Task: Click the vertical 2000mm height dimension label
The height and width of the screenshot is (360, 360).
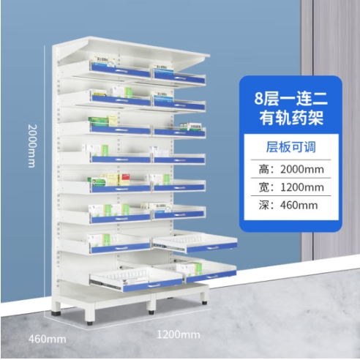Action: pyautogui.click(x=32, y=146)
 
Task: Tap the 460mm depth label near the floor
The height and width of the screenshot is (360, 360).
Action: pyautogui.click(x=48, y=339)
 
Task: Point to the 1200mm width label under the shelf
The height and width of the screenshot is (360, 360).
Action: pyautogui.click(x=179, y=334)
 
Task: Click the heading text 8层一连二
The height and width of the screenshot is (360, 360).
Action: pyautogui.click(x=291, y=99)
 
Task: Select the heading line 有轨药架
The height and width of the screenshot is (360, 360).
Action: pyautogui.click(x=291, y=118)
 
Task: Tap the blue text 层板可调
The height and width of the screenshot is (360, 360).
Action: pyautogui.click(x=290, y=147)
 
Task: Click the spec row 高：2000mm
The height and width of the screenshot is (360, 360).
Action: pyautogui.click(x=291, y=169)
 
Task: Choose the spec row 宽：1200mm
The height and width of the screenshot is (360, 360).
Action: pyautogui.click(x=291, y=187)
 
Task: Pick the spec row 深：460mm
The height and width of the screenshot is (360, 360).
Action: pyautogui.click(x=288, y=205)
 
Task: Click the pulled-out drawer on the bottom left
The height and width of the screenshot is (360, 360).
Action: pyautogui.click(x=136, y=279)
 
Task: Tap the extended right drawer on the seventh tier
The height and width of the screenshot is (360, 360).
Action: pyautogui.click(x=195, y=241)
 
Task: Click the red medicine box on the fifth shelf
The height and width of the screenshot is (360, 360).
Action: pyautogui.click(x=124, y=180)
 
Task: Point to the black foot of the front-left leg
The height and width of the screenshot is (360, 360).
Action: pyautogui.click(x=89, y=323)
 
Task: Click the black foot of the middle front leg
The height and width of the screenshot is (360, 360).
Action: pyautogui.click(x=151, y=312)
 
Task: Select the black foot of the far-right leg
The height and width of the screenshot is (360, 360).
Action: pyautogui.click(x=204, y=303)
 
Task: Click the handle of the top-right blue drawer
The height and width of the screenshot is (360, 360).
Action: pyautogui.click(x=180, y=78)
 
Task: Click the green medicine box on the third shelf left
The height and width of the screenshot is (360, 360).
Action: pyautogui.click(x=98, y=121)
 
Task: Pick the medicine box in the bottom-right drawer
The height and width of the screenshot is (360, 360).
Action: pyautogui.click(x=190, y=269)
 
